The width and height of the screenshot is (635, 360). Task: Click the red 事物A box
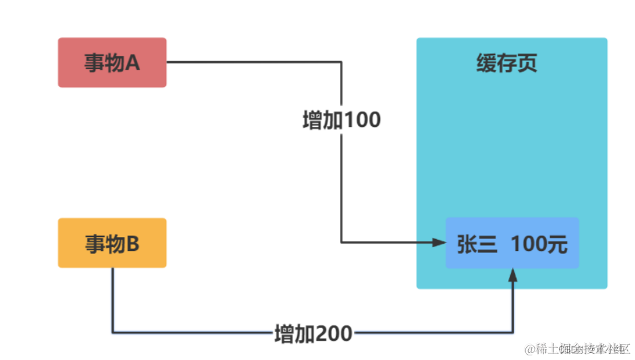112,62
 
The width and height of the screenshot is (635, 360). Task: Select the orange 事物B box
112,243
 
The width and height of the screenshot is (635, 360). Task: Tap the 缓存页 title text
506,64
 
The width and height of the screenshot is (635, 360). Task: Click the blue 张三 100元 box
511,243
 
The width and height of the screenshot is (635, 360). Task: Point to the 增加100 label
341,120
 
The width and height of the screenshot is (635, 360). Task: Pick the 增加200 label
314,333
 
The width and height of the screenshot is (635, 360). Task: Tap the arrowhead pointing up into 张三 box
513,275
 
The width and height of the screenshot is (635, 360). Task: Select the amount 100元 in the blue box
539,244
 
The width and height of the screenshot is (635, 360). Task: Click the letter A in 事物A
132,63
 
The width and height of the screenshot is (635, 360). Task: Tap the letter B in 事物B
132,244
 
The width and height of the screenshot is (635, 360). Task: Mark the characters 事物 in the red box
104,63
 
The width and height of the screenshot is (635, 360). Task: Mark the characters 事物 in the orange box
104,244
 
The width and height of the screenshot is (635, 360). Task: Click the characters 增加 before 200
294,333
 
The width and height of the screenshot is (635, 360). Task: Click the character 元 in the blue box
559,244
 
